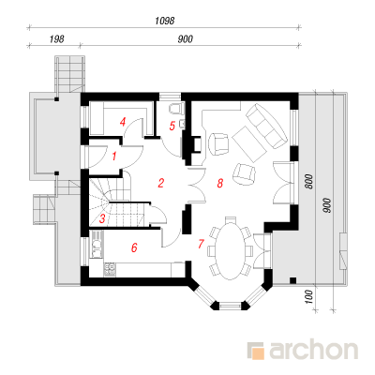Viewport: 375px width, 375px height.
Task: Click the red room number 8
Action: (220, 183)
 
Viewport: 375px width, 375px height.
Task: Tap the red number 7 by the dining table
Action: (201, 244)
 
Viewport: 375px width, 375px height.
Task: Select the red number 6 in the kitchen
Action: (134, 247)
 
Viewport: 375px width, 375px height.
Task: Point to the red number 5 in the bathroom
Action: (172, 126)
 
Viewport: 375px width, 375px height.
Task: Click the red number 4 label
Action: (123, 122)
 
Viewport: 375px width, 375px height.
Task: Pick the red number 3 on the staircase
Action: (102, 218)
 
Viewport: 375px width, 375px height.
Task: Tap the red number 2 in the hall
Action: (161, 183)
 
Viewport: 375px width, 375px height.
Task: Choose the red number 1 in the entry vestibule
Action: (114, 156)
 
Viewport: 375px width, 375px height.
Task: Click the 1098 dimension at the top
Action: (165, 21)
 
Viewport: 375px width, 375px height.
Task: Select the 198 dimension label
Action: (56, 39)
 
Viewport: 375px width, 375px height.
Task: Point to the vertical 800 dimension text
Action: (308, 182)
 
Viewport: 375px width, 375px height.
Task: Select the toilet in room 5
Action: (175, 108)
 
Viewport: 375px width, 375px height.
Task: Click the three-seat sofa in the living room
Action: (266, 126)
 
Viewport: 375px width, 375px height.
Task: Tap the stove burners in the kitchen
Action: (110, 270)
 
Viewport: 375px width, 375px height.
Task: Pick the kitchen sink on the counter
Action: (97, 244)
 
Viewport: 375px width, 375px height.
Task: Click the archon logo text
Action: (313, 351)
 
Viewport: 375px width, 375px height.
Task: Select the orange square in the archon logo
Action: (258, 352)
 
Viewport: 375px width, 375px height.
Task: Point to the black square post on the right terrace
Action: (292, 280)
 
